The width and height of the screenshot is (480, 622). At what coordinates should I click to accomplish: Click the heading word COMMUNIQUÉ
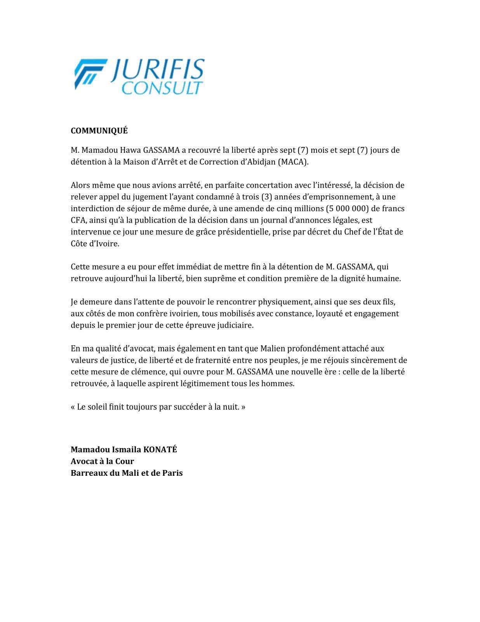pos(99,131)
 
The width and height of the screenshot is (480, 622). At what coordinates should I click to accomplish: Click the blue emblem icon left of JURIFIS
pos(90,74)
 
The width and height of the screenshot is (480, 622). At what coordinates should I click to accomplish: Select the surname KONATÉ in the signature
pos(160,450)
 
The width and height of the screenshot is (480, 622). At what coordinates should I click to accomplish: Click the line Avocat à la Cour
pos(102,461)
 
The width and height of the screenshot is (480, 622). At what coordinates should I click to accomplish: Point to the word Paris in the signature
pos(172,473)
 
